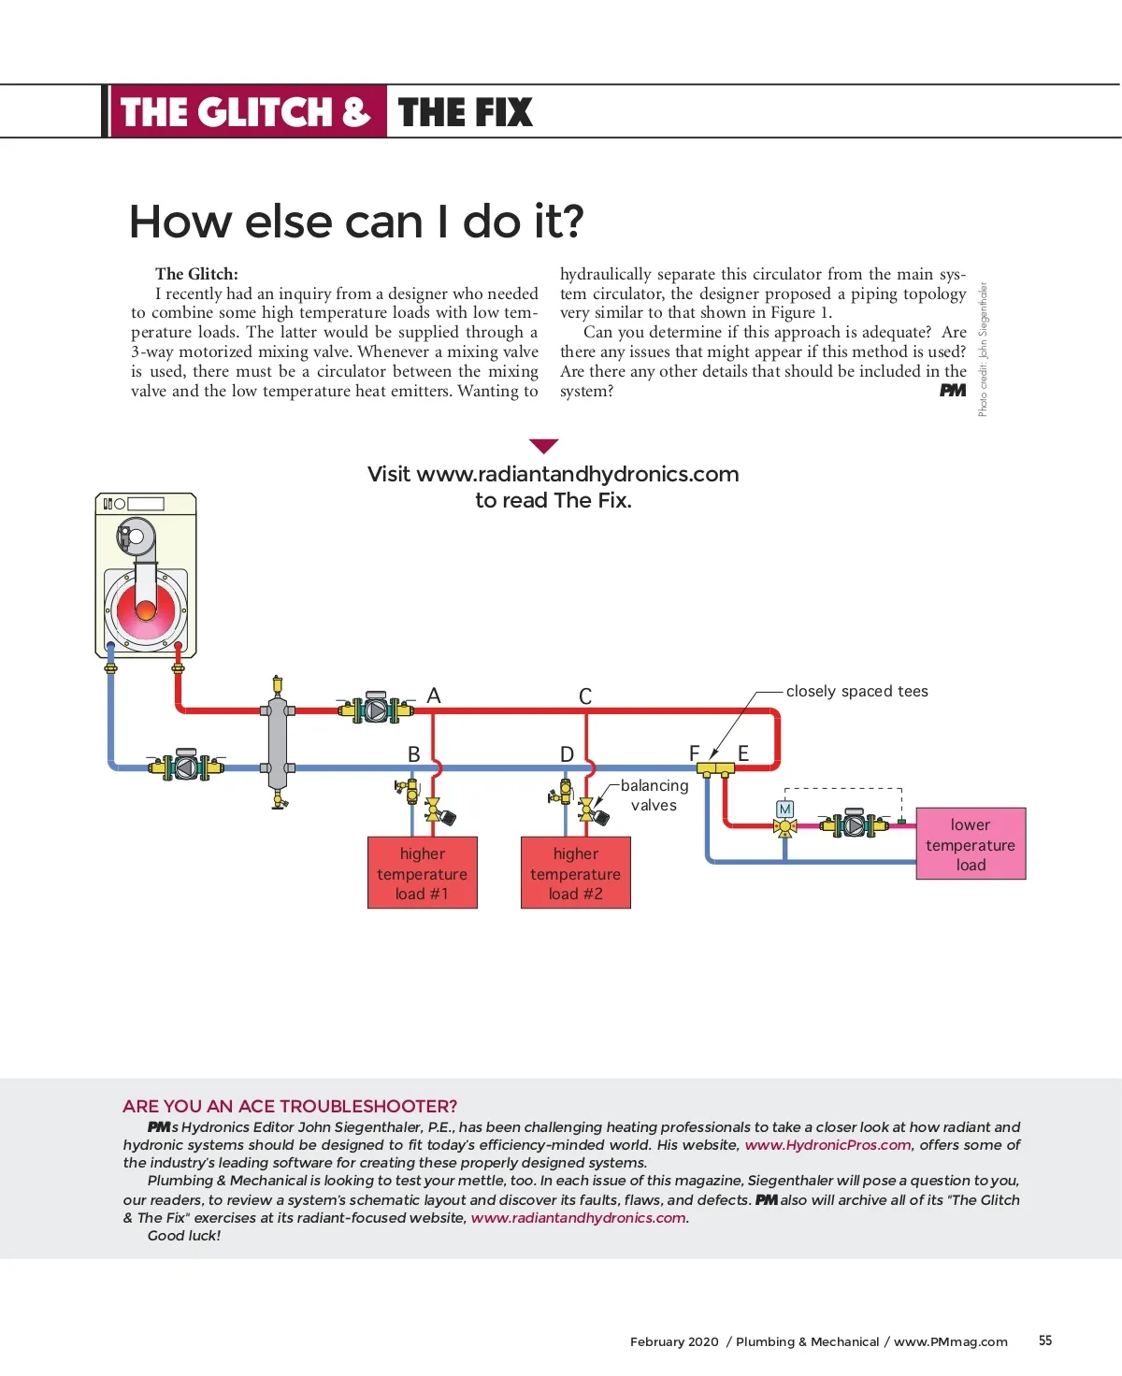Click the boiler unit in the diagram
(146, 576)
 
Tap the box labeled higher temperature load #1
(423, 873)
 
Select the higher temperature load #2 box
(576, 873)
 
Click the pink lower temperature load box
(971, 844)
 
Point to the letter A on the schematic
(434, 696)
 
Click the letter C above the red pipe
(585, 697)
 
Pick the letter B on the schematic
(414, 754)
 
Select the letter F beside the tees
(694, 753)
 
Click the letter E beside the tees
(743, 753)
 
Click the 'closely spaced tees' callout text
(856, 692)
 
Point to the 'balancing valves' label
(654, 795)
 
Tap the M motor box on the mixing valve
(785, 809)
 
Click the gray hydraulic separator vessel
(278, 742)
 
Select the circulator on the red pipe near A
(376, 710)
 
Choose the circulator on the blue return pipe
(186, 767)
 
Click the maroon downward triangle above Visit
(543, 446)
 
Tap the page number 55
(1045, 1340)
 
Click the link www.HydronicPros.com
(827, 1145)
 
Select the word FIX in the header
(497, 113)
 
